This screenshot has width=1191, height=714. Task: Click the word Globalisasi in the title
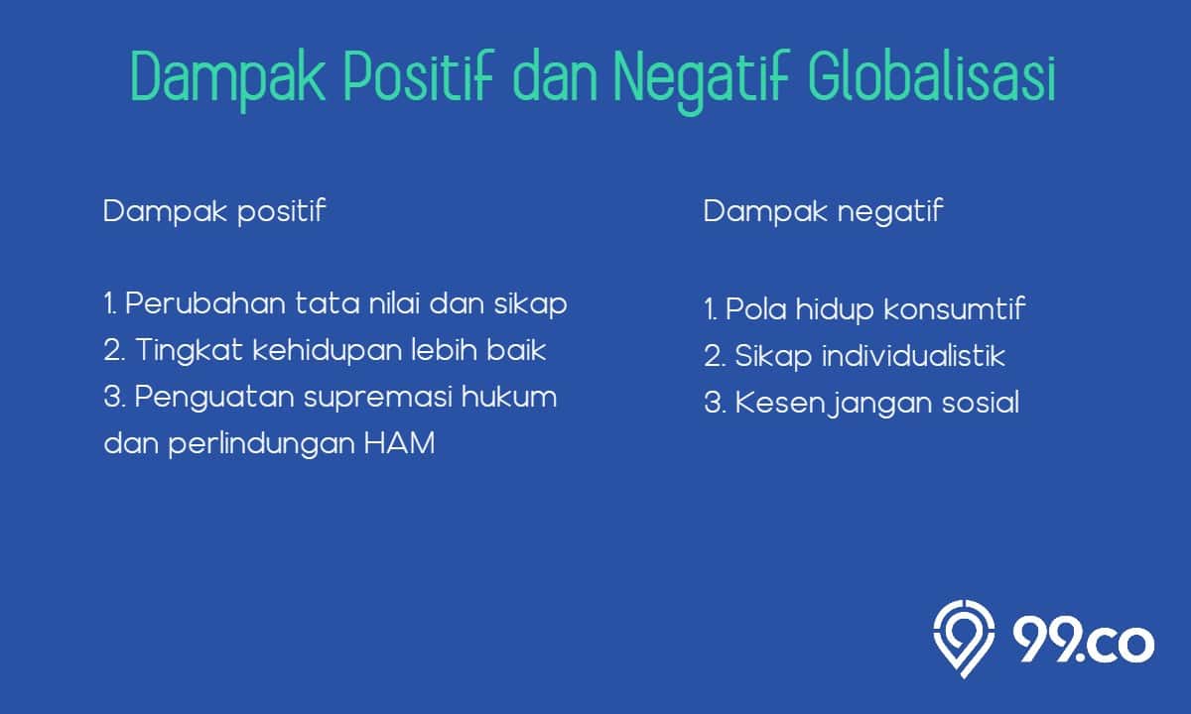(x=932, y=76)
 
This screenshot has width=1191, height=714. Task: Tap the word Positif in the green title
(x=420, y=76)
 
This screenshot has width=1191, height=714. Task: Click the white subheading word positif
(x=281, y=212)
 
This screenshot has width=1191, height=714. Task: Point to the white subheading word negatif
(x=890, y=212)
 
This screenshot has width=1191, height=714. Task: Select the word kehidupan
(x=327, y=352)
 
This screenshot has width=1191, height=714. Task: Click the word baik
(x=516, y=351)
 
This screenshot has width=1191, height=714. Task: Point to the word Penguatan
(x=214, y=399)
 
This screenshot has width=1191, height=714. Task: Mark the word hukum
(x=509, y=397)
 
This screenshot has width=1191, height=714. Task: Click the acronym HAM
(x=399, y=443)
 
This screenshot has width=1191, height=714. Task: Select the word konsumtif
(x=955, y=308)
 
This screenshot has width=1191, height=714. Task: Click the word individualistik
(x=913, y=355)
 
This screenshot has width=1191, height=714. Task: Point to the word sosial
(x=981, y=403)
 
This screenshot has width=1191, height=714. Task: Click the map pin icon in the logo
(x=964, y=639)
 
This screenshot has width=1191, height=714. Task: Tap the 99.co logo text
(x=1083, y=641)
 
